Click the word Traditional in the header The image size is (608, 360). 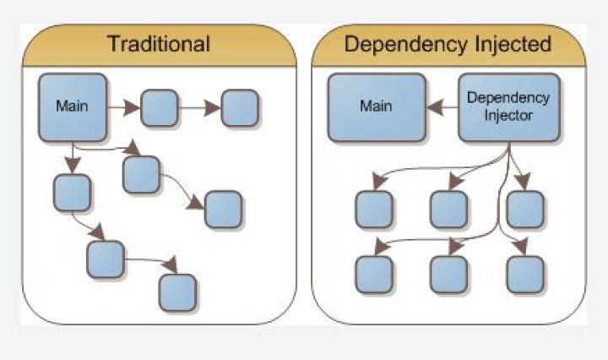159,43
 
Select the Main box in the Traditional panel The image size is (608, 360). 73,107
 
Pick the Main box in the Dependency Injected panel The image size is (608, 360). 377,107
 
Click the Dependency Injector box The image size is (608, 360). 509,107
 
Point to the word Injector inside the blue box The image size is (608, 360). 508,116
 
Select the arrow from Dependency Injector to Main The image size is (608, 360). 442,107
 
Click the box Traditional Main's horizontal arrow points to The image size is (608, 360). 160,108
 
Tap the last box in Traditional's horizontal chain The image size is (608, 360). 240,108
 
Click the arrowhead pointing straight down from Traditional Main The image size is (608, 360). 73,165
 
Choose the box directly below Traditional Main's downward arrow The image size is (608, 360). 72,193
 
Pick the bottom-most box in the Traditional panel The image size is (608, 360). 177,292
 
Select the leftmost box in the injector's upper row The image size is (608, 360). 374,209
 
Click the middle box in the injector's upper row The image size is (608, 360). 449,209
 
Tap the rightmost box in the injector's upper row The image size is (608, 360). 525,209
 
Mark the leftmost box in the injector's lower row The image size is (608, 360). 374,275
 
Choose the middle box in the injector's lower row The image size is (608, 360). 449,275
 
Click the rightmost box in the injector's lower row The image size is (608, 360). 525,275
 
